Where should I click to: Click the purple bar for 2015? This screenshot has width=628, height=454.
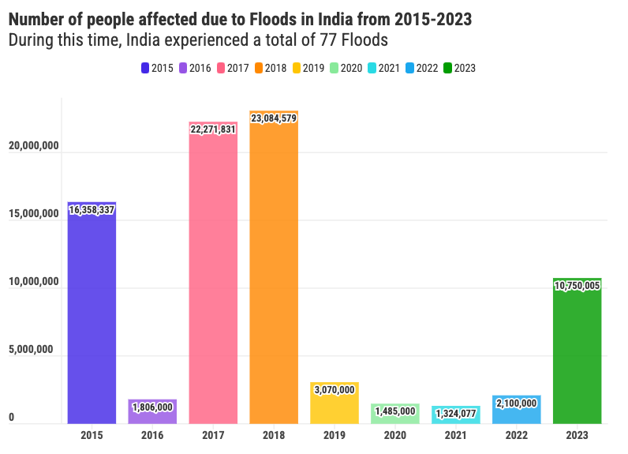coord(92,316)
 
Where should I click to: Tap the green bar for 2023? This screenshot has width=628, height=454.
coord(578,355)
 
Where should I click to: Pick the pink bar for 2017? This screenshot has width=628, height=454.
coord(213,276)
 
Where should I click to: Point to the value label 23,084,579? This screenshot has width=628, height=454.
coord(274,118)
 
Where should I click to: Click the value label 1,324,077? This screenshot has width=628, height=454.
coord(456,413)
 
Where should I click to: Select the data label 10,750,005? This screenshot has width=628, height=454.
coord(578,287)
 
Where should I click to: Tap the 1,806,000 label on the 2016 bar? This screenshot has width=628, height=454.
coord(152,407)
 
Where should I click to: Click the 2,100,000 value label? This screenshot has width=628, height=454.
coord(517,403)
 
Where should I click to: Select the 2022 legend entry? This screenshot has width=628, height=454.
coord(422,69)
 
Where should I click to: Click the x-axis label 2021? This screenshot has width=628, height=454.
coord(456,435)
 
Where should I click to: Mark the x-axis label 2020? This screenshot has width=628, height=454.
coord(395,435)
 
